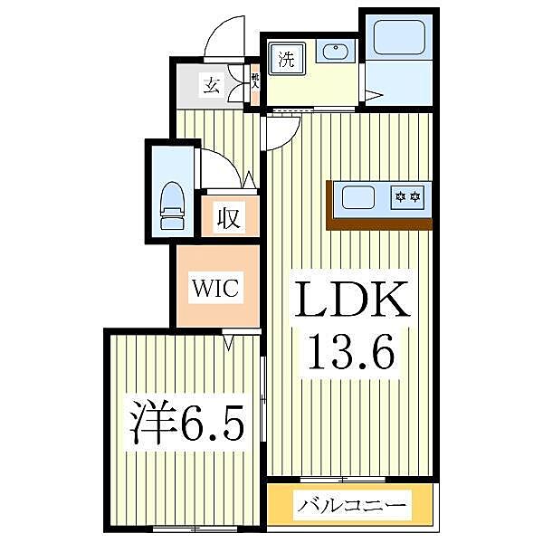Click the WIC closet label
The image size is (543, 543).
(x=214, y=290)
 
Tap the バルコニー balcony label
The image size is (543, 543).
(x=351, y=504)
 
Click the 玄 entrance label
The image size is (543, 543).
(x=212, y=87)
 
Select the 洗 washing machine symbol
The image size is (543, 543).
(x=286, y=61)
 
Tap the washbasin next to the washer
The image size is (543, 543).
(x=336, y=52)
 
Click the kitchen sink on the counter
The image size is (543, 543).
(x=359, y=195)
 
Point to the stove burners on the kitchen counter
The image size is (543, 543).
(x=406, y=195)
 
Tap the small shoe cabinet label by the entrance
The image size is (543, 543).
(x=255, y=81)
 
